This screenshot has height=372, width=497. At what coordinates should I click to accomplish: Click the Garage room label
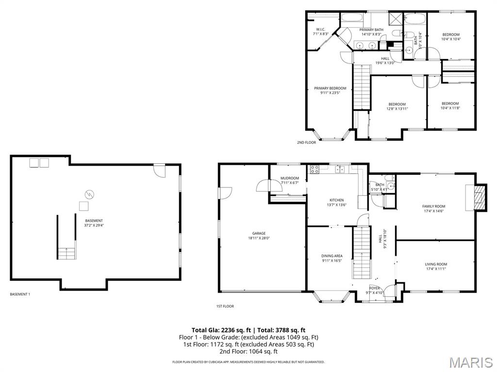tap(259, 233)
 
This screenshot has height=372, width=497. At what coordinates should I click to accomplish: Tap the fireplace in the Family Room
tap(478, 197)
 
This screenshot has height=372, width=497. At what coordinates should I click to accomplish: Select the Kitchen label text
tap(336, 200)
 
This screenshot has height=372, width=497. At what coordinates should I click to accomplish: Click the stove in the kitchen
tap(314, 170)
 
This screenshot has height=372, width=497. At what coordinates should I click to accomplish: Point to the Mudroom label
tap(290, 178)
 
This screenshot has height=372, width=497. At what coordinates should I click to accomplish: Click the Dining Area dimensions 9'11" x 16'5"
tap(332, 261)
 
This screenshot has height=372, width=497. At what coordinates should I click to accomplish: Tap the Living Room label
tap(435, 264)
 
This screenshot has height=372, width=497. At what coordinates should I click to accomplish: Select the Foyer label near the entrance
tap(374, 288)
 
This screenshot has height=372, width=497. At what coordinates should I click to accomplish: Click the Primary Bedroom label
tap(330, 88)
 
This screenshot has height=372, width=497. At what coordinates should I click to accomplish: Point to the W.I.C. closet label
tap(322, 30)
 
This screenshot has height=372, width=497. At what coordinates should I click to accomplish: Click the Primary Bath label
tap(371, 30)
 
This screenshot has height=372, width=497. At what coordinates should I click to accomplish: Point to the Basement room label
tap(94, 221)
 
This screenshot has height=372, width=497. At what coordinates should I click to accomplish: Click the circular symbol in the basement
tap(89, 194)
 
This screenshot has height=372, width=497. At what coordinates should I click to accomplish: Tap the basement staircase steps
tap(67, 252)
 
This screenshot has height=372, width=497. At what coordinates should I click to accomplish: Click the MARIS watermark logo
tap(470, 362)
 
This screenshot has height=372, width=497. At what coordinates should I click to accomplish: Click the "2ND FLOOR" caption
tap(306, 142)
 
